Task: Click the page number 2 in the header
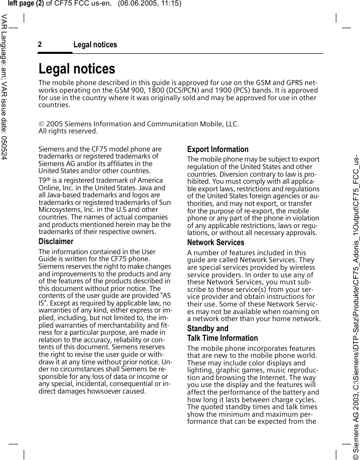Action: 40,45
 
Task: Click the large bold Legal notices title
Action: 77,68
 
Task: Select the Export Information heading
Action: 218,149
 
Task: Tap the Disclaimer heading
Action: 56,242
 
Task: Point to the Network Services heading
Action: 215,243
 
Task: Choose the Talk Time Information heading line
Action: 222,338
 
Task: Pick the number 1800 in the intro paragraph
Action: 189,91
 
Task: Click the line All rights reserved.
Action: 68,131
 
